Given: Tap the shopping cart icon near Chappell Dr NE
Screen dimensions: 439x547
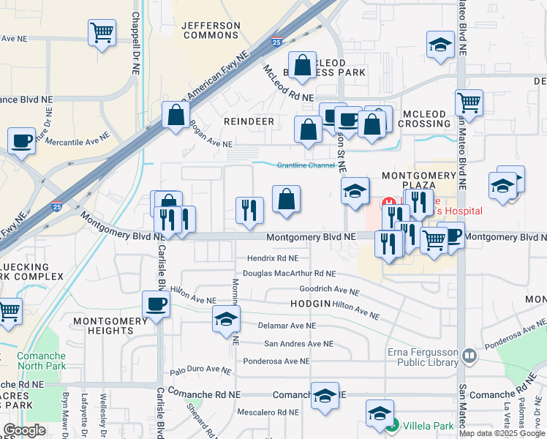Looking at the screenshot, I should tap(102, 32).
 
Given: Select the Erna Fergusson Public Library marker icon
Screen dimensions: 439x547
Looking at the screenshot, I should tap(469, 356).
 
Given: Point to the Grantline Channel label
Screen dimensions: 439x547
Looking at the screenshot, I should tap(305, 165).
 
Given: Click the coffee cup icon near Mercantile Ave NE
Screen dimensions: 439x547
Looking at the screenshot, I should tap(22, 140).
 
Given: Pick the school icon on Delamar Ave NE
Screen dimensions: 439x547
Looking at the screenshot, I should tap(227, 319).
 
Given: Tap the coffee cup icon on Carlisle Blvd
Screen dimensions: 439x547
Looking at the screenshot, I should tap(156, 304).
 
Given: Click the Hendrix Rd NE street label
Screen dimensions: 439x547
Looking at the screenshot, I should tap(272, 258).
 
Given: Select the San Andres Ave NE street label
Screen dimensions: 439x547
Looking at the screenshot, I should tap(298, 343).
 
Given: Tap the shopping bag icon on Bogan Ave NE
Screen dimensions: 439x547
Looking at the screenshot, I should tap(176, 115).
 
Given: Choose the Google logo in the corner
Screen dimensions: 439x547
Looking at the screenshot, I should tap(24, 430).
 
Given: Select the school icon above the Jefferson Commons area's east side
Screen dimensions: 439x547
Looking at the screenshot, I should tap(441, 44).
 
